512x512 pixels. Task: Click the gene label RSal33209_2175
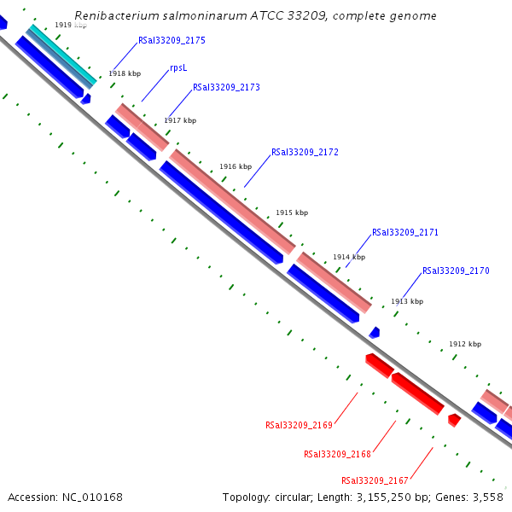(x=172, y=41)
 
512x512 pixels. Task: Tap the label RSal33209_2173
(x=226, y=87)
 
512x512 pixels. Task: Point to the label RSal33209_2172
(x=305, y=152)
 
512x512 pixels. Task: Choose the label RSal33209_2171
(x=405, y=232)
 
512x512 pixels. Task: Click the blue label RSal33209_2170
(x=456, y=271)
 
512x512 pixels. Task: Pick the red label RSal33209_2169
(x=299, y=424)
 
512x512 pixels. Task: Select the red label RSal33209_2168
(x=337, y=454)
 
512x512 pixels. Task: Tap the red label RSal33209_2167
(x=375, y=480)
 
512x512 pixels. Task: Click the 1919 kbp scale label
(x=71, y=25)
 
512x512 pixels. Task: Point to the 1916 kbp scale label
(x=236, y=166)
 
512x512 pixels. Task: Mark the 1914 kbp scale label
(x=349, y=257)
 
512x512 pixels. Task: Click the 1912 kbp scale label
(x=465, y=344)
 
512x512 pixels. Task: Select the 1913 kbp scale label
(x=407, y=301)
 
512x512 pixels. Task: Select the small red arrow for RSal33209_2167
(x=454, y=420)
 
